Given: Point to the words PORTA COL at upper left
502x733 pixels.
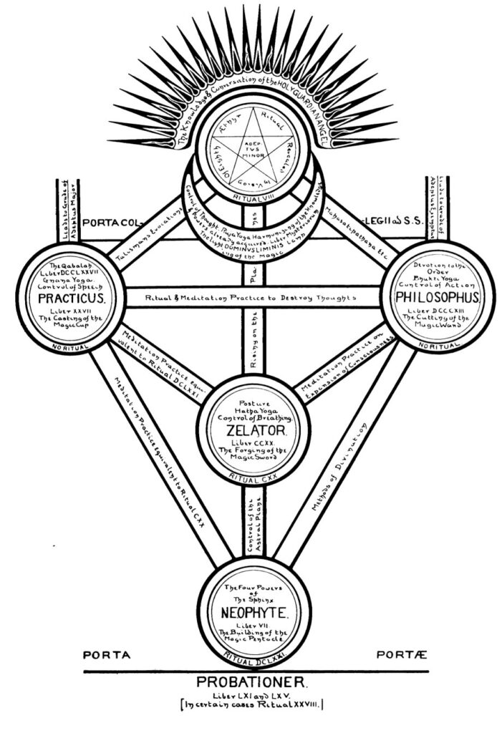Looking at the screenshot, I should click(x=118, y=220).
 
